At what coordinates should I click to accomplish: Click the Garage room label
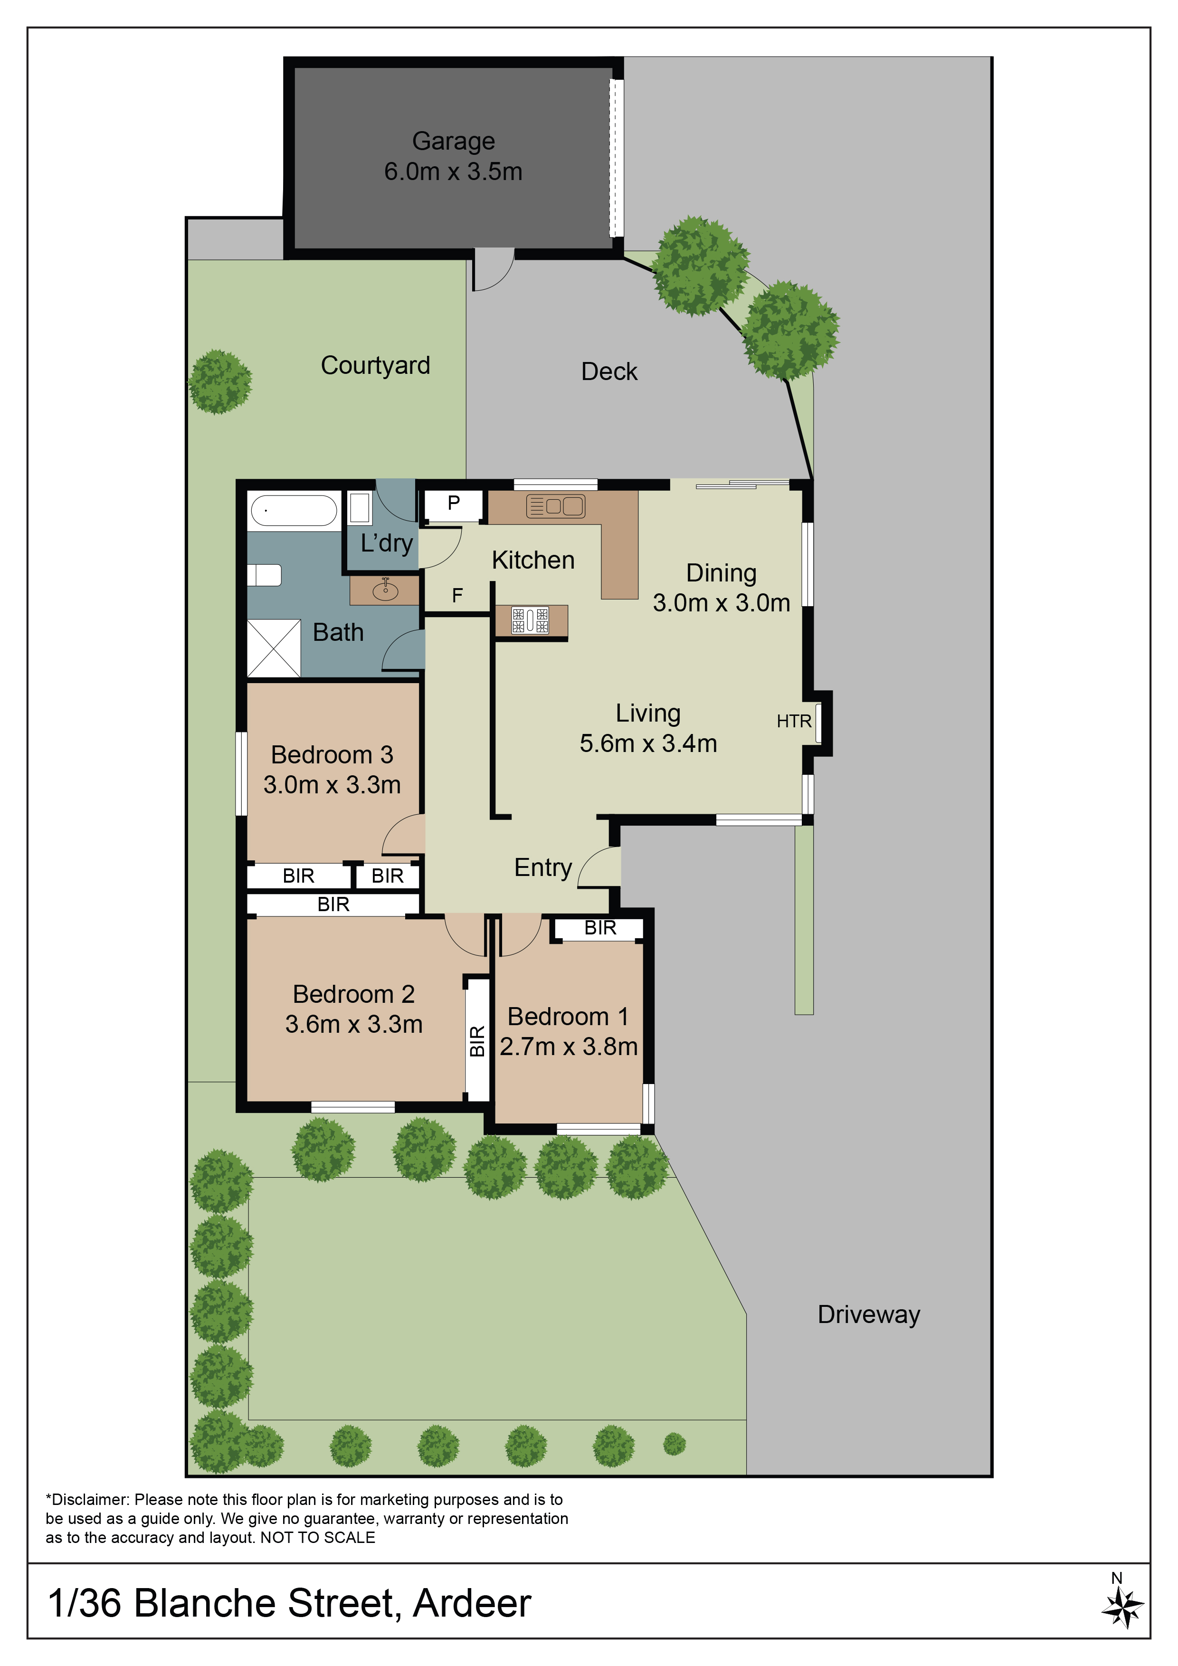[453, 141]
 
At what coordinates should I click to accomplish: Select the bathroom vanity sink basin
[385, 590]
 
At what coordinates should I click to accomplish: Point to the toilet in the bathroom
[264, 575]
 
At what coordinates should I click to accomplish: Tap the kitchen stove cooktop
[530, 620]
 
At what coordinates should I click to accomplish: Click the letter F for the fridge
[457, 596]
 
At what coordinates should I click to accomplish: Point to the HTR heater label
[794, 721]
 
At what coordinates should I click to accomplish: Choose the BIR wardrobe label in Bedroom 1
[600, 928]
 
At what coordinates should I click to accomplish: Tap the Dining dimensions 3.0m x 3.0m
[721, 603]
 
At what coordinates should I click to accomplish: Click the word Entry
[543, 868]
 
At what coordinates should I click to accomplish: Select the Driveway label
[869, 1315]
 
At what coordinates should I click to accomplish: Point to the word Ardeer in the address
[472, 1604]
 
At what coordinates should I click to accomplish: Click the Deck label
[609, 371]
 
